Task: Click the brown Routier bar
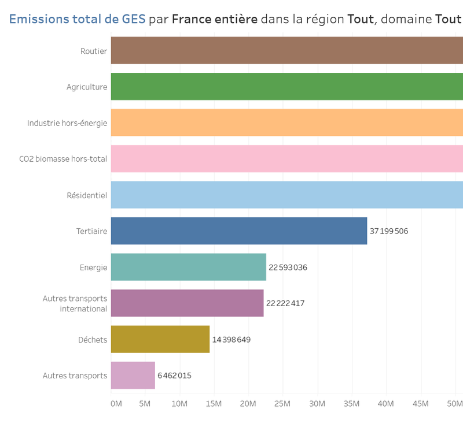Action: [286, 51]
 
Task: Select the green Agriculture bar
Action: [286, 87]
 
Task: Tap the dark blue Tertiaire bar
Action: [238, 231]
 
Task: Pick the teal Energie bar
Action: [188, 267]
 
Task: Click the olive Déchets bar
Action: [160, 339]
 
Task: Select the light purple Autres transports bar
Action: [133, 376]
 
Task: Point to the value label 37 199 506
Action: [389, 231]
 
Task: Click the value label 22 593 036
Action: [288, 267]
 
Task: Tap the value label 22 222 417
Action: [285, 303]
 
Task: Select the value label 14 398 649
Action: [231, 340]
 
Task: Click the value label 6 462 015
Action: [174, 376]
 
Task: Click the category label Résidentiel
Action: [87, 195]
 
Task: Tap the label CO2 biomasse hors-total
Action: [63, 159]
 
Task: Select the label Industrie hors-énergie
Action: [67, 123]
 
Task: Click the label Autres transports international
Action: [75, 303]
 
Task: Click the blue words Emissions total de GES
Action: [77, 19]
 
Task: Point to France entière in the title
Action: [215, 19]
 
